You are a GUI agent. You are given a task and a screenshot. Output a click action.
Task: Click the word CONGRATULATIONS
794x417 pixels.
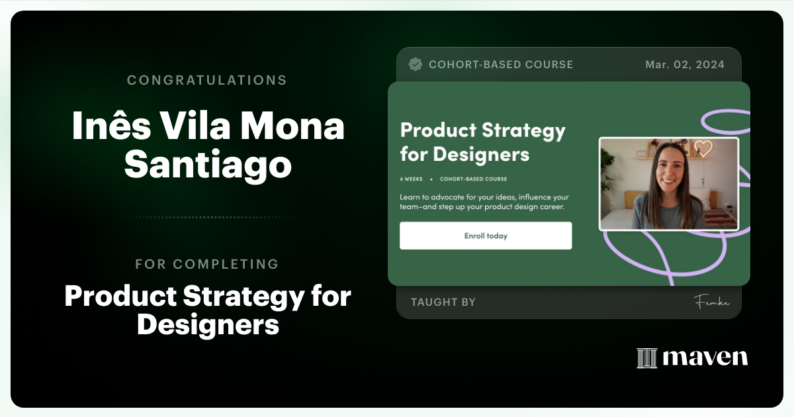tap(206, 80)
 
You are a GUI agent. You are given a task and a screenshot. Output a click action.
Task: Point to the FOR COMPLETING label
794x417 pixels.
tap(206, 264)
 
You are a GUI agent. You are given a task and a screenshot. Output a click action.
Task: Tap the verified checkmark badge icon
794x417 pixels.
tap(416, 64)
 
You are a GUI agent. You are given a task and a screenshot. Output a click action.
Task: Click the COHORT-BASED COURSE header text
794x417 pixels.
tap(500, 64)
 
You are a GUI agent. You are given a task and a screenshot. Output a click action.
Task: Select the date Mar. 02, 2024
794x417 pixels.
tap(684, 64)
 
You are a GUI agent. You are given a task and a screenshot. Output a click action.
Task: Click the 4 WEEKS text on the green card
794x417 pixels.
tap(411, 179)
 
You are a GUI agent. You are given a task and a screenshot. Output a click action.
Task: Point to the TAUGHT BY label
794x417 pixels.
tap(443, 302)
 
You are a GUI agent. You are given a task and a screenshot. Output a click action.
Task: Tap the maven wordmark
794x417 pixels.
tap(705, 357)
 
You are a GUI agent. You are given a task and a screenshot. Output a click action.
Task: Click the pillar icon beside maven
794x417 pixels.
tap(646, 357)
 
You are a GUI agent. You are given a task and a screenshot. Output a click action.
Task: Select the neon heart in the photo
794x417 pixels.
tap(703, 148)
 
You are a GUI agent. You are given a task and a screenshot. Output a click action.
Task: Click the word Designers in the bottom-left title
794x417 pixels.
tap(208, 325)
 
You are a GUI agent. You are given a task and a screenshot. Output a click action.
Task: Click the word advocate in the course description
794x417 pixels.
tap(451, 197)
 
